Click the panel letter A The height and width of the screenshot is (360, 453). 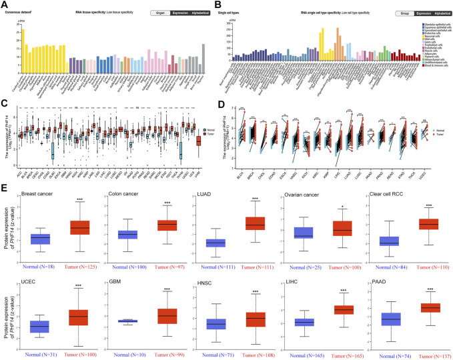pos(5,4)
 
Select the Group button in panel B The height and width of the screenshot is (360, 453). pos(404,13)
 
